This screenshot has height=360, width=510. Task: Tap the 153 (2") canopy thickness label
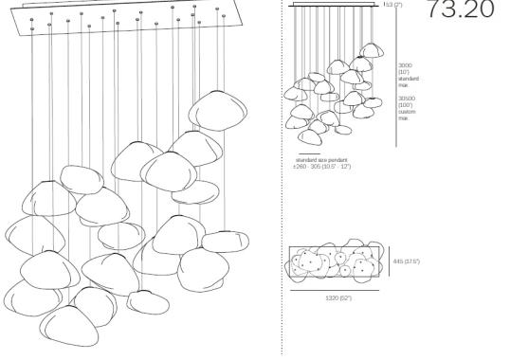click(x=392, y=5)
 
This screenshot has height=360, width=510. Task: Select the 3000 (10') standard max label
click(x=406, y=75)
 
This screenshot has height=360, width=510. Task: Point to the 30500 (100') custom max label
click(x=406, y=106)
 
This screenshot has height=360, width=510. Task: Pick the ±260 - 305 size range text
click(x=322, y=166)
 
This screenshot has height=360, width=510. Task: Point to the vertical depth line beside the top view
click(x=389, y=261)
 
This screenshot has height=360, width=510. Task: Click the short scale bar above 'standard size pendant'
click(x=308, y=153)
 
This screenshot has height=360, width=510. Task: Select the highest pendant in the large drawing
click(x=218, y=112)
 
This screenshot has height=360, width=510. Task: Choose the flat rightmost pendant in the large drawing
click(x=227, y=241)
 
